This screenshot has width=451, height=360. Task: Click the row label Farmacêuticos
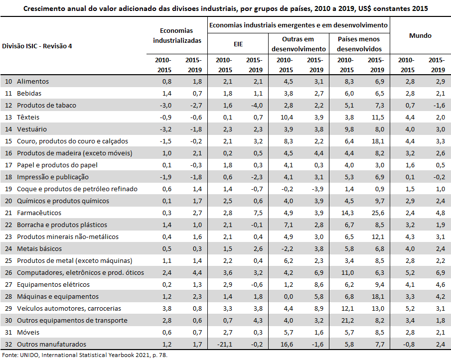[x=39, y=213]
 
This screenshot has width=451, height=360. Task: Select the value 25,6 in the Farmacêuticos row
[x=378, y=213]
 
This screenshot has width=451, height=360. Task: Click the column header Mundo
[x=420, y=36]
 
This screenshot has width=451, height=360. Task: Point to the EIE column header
[x=238, y=44]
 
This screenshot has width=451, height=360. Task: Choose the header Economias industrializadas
[x=177, y=36]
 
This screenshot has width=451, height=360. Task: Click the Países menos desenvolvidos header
[x=359, y=44]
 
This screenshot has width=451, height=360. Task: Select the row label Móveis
[x=28, y=333]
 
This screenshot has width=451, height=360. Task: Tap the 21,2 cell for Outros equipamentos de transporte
[x=347, y=320]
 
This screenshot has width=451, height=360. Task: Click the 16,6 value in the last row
[x=287, y=344]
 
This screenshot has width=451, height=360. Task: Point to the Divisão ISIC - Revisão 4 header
[x=37, y=46]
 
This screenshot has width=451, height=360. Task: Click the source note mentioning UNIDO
[x=85, y=355]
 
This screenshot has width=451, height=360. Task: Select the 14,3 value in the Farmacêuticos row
[x=347, y=213]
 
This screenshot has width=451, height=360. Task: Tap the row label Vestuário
[x=32, y=129]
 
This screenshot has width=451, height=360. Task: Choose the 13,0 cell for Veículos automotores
[x=378, y=309]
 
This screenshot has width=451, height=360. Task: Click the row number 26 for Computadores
[x=8, y=273]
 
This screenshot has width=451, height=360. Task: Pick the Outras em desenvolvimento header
[x=299, y=44]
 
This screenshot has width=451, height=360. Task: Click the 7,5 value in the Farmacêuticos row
[x=258, y=213]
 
